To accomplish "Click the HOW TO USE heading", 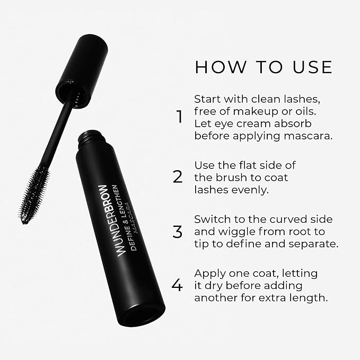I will click(264, 67).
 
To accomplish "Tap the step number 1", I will click(179, 117).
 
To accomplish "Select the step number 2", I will click(178, 177).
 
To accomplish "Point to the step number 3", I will click(178, 232).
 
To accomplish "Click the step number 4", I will click(178, 286).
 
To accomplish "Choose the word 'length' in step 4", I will click(305, 298).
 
